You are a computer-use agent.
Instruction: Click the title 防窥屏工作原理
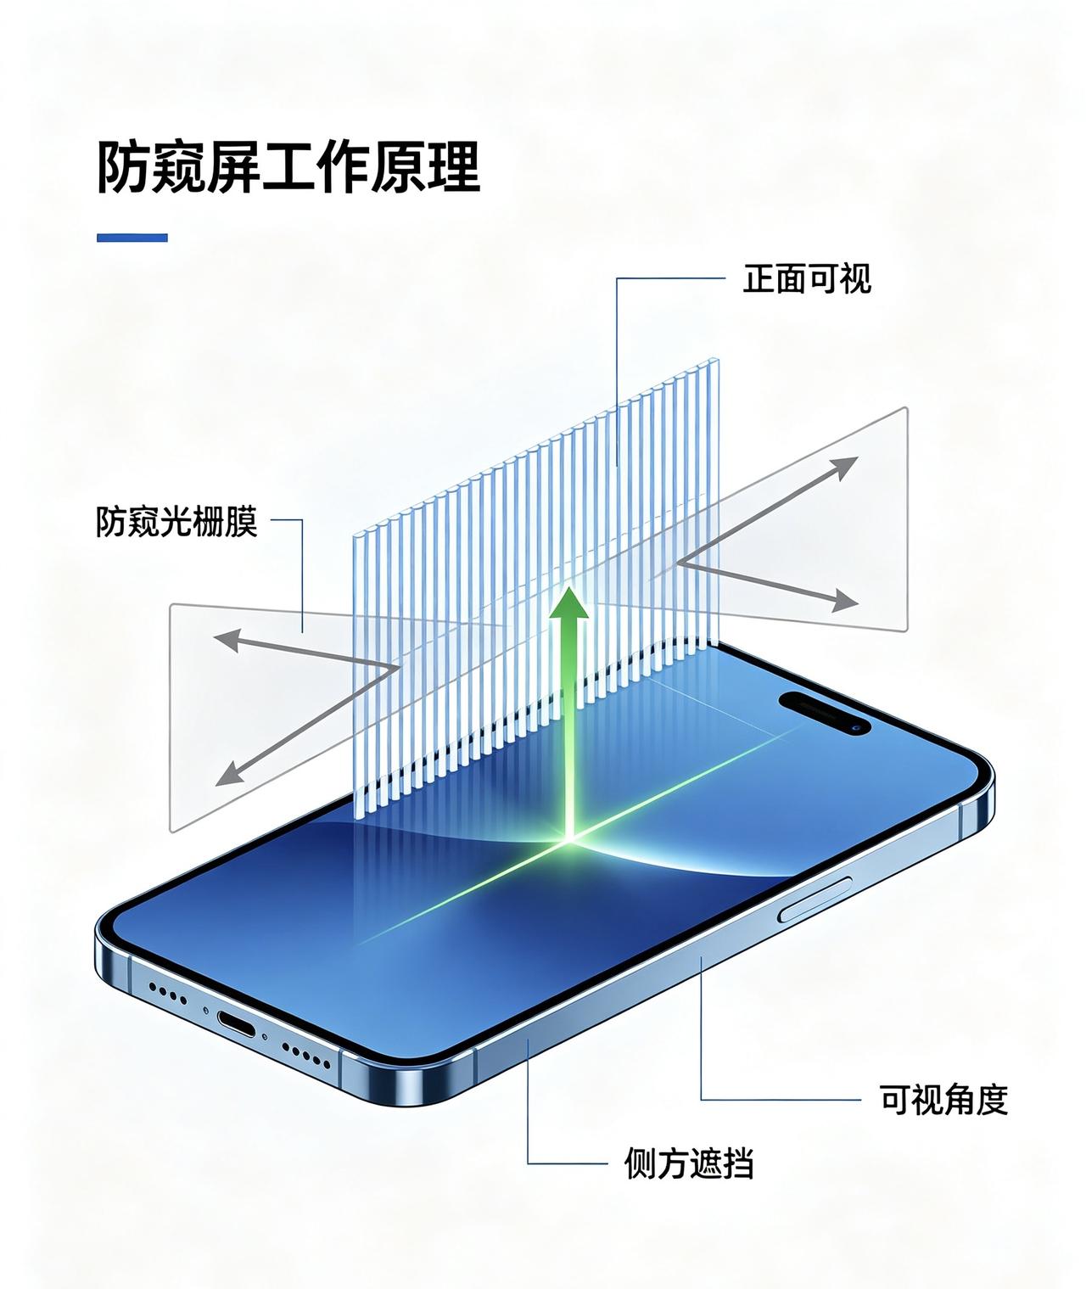[288, 168]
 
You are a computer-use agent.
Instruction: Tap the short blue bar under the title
[132, 238]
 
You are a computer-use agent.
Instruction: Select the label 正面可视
[806, 279]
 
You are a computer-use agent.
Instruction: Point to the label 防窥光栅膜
[176, 521]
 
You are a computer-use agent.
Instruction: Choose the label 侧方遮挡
[688, 1163]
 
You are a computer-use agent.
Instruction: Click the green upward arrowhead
[568, 603]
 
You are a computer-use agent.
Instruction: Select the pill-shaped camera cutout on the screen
[825, 713]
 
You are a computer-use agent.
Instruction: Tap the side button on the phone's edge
[815, 900]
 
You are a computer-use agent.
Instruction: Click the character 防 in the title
[124, 168]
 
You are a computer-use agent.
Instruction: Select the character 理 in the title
[453, 168]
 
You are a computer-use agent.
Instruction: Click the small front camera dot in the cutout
[856, 729]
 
